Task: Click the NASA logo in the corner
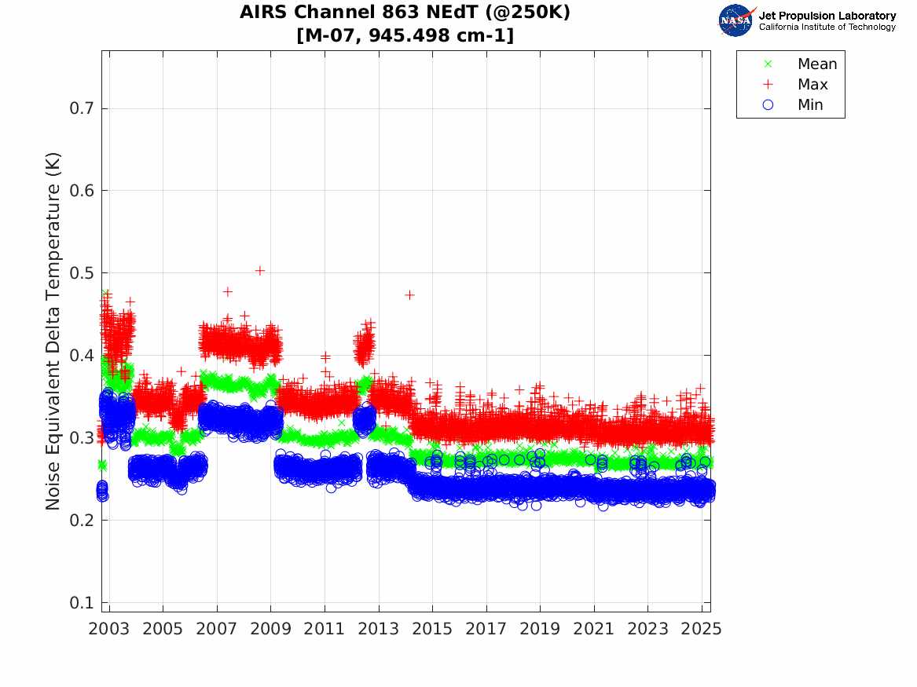pos(736,20)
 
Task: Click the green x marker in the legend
pos(768,64)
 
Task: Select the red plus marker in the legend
pos(768,85)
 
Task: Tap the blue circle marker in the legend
pos(768,105)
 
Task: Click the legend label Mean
pos(817,64)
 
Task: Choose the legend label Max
pos(812,85)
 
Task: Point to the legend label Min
pos(810,105)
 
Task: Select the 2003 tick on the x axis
pos(108,629)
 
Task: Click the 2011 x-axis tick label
pos(325,629)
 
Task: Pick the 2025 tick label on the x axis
pos(702,629)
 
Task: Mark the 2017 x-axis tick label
pos(486,629)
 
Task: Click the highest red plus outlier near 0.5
pos(260,271)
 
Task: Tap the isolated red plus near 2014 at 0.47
pos(409,294)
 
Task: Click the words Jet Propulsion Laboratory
pos(827,16)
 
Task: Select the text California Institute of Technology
pos(827,27)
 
